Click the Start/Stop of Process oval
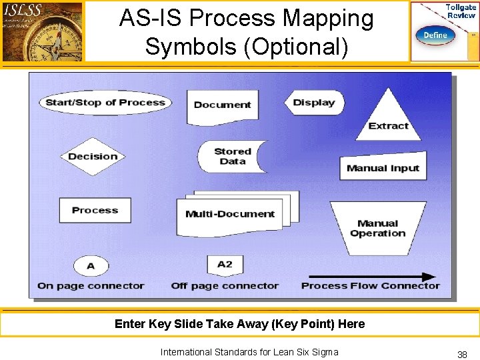[105, 102]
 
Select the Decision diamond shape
[93, 157]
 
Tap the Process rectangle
[95, 210]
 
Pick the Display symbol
[313, 103]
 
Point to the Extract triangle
[388, 119]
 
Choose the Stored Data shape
[232, 157]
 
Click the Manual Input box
[383, 168]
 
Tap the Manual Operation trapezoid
[378, 228]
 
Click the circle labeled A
[91, 266]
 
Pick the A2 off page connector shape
[225, 265]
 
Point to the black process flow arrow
[371, 277]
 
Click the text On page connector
[91, 286]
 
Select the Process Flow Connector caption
[371, 286]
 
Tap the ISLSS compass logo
[43, 31]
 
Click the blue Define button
[435, 35]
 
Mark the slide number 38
[461, 355]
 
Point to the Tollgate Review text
[461, 11]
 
